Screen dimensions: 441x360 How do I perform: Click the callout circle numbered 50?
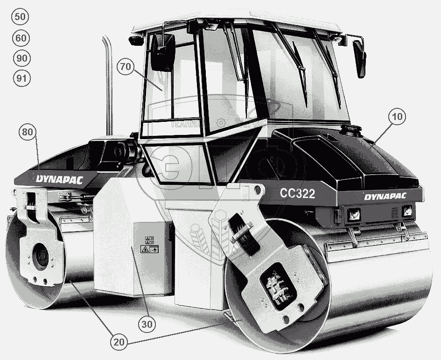point(21,17)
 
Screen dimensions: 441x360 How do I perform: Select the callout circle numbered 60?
point(21,38)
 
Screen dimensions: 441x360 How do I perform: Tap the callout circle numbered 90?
point(21,58)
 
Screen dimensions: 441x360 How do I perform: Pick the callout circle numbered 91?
point(21,78)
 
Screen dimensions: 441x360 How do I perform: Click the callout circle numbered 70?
point(125,66)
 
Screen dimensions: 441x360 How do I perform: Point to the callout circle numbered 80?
point(28,132)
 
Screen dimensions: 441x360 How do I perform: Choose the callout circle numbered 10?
point(397,117)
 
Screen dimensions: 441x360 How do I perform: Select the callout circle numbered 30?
point(147,323)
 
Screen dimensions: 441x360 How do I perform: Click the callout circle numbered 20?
point(119,342)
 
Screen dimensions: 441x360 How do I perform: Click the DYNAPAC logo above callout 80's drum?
point(59,178)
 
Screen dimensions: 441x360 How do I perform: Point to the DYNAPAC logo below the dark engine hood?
point(385,196)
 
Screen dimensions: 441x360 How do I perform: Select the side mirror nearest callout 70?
point(162,52)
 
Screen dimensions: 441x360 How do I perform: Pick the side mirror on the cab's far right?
point(360,58)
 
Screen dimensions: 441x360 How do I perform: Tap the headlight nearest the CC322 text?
point(353,214)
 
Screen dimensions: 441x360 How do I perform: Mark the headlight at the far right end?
point(407,211)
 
